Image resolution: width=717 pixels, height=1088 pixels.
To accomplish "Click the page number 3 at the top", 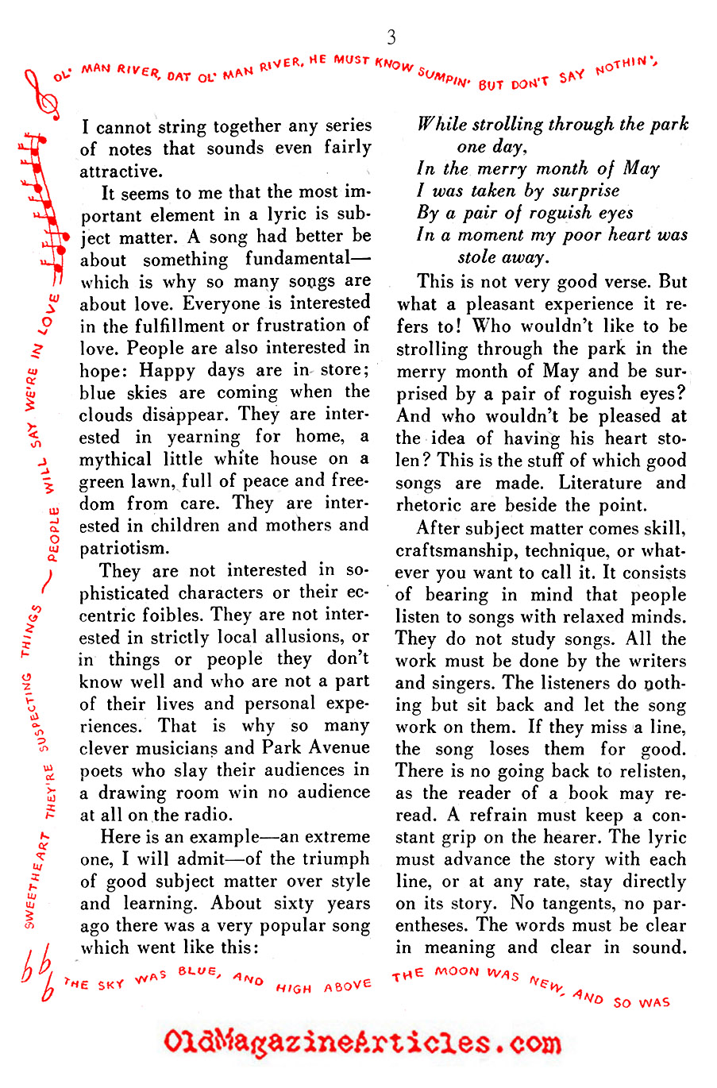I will (x=391, y=37).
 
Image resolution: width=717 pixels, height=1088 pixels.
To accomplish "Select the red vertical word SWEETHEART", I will (x=35, y=882).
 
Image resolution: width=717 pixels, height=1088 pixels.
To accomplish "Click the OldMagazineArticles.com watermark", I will (x=362, y=1042).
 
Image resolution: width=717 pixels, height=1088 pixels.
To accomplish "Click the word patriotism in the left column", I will (x=124, y=548).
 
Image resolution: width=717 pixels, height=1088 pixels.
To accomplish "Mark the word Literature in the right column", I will (x=601, y=483).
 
